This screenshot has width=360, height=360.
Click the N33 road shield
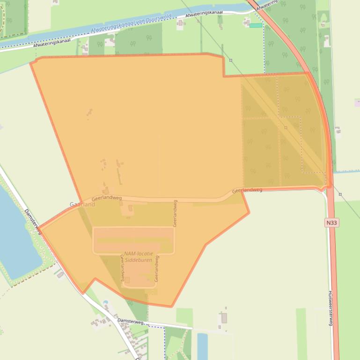(x=331, y=223)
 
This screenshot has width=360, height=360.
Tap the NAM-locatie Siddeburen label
(x=139, y=256)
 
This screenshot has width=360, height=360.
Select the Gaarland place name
(x=82, y=204)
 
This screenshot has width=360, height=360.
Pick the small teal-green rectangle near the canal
(x=256, y=25)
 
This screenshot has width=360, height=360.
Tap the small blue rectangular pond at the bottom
(x=202, y=346)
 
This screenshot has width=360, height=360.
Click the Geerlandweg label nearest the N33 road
(x=247, y=190)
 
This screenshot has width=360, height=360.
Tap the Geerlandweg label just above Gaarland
(x=106, y=198)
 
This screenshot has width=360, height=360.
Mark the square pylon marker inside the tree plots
(x=286, y=127)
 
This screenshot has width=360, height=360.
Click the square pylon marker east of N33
(x=340, y=194)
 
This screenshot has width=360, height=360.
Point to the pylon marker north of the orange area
(x=231, y=60)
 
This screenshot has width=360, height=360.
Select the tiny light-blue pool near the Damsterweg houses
(x=106, y=302)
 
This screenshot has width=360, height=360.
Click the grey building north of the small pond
(x=224, y=318)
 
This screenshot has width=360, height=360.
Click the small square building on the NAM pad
(x=127, y=280)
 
